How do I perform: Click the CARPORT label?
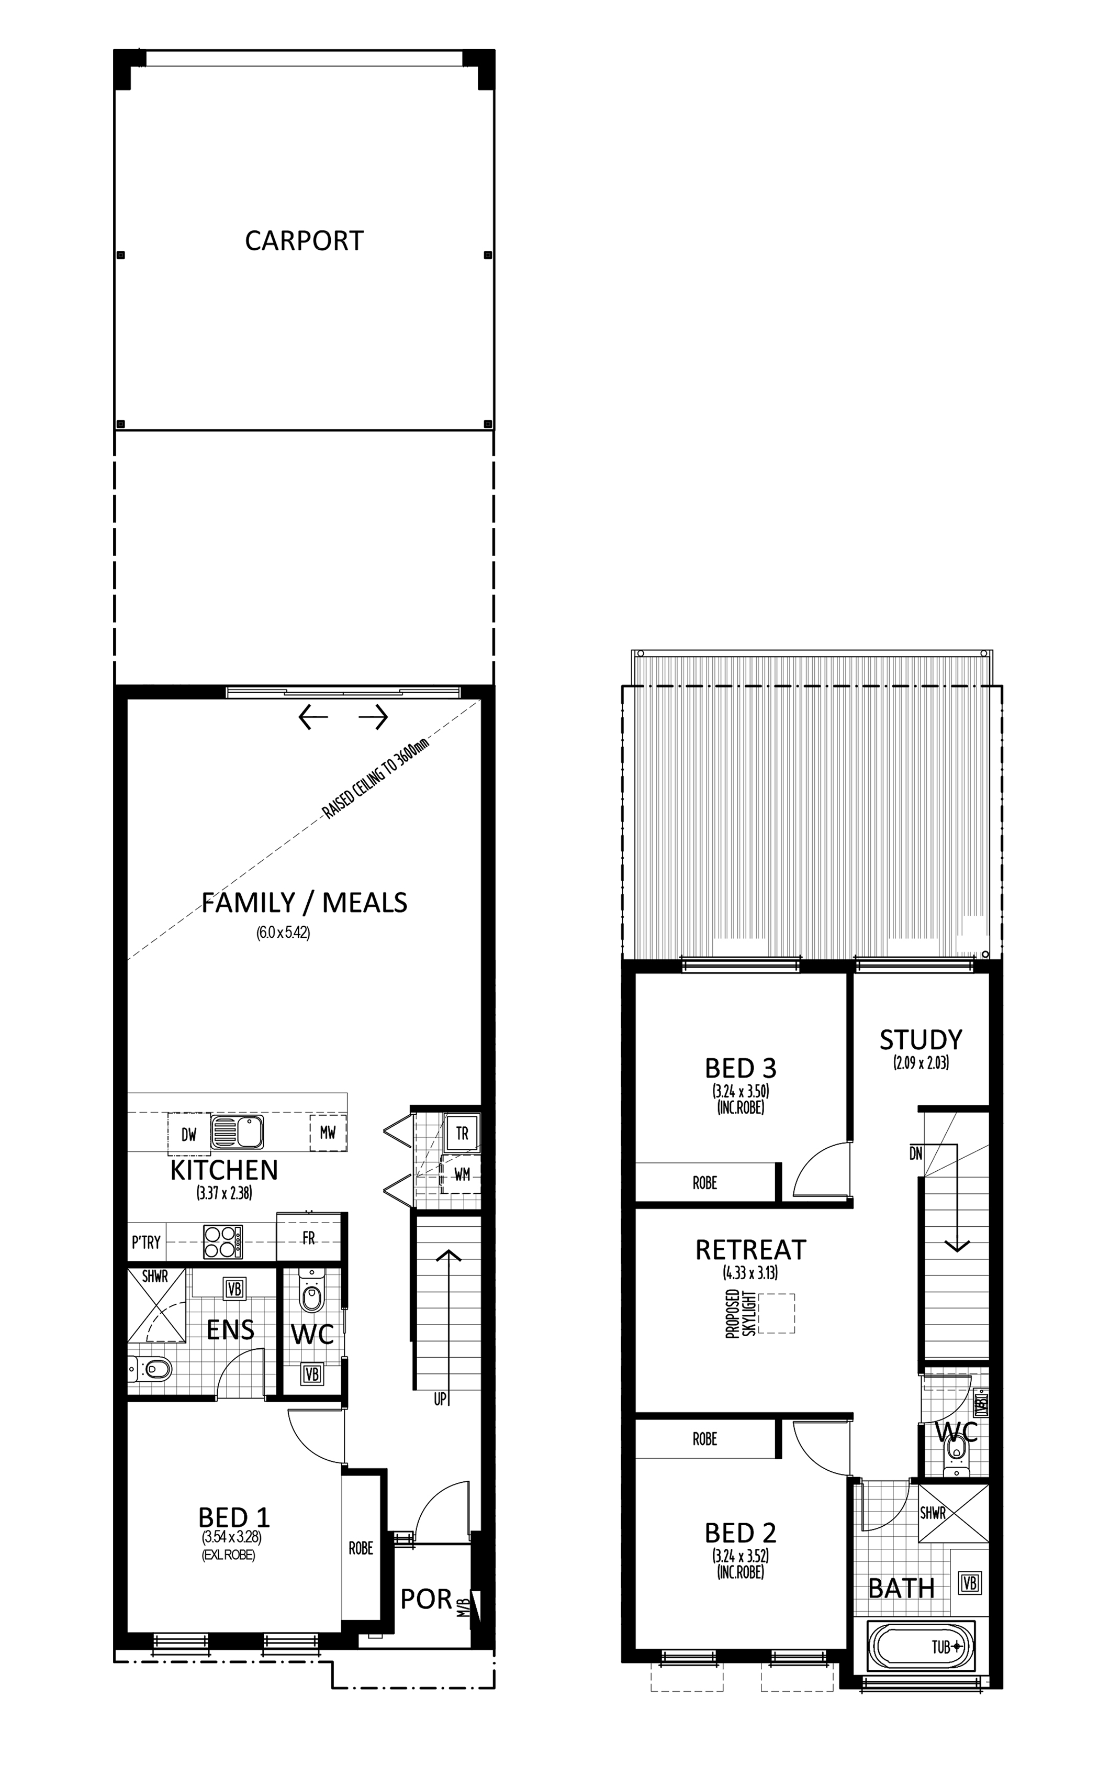304,241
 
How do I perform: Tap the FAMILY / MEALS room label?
304,902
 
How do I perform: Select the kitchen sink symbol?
237,1132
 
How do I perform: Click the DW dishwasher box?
189,1134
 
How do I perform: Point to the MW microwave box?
328,1132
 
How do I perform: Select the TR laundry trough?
462,1133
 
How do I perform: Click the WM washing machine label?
462,1174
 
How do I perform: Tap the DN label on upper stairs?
916,1153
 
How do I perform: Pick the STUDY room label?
921,1040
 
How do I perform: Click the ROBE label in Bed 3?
705,1183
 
